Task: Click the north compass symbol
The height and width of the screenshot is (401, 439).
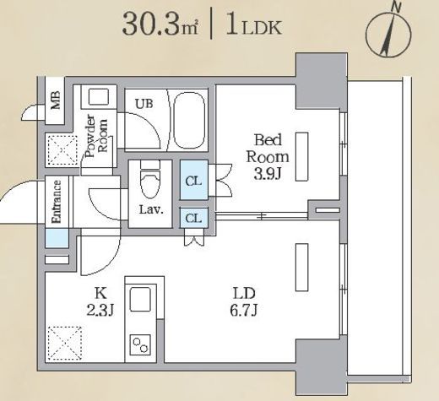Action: pyautogui.click(x=389, y=31)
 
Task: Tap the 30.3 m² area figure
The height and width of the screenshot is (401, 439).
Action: pyautogui.click(x=160, y=24)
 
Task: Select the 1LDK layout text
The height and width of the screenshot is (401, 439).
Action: pyautogui.click(x=254, y=25)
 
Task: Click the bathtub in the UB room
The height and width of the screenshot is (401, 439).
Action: pyautogui.click(x=189, y=120)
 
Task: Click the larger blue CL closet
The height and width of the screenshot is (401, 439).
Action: pyautogui.click(x=194, y=180)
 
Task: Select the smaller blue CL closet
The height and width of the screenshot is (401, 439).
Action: pyautogui.click(x=194, y=218)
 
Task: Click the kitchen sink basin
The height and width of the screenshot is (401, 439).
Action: pyautogui.click(x=140, y=299)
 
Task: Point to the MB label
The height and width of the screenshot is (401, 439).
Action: pyautogui.click(x=56, y=100)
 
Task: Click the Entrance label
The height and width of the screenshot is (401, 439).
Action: pyautogui.click(x=57, y=202)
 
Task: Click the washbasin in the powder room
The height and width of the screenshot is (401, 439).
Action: pyautogui.click(x=99, y=97)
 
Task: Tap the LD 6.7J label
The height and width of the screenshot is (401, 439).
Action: pyautogui.click(x=244, y=301)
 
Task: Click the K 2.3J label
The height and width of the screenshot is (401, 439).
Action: pyautogui.click(x=100, y=301)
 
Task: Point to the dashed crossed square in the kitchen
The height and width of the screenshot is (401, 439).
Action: pyautogui.click(x=65, y=344)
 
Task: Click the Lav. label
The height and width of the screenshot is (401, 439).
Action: pyautogui.click(x=151, y=210)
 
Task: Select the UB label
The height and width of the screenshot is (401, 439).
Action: pyautogui.click(x=144, y=104)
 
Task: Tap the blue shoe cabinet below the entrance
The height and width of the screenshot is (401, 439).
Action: pyautogui.click(x=57, y=238)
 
